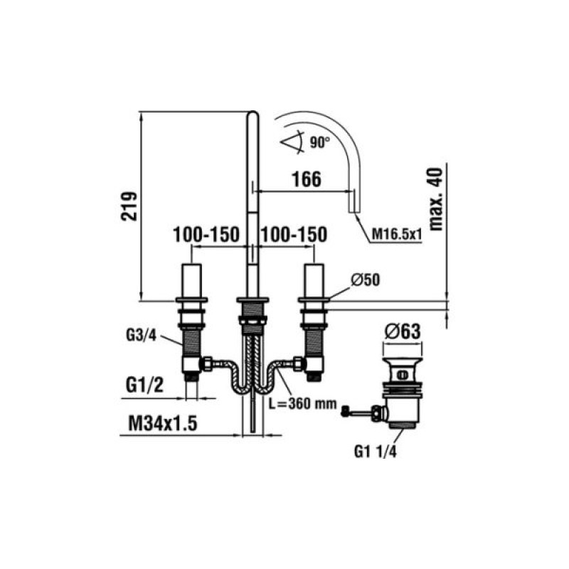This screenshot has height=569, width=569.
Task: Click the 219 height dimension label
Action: [x=129, y=206]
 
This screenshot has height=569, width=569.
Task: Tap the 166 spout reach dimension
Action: [x=307, y=179]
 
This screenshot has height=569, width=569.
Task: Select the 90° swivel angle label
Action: [x=320, y=142]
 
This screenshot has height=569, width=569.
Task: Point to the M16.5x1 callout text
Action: [x=397, y=235]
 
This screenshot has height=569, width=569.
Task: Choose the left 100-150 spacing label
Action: [x=206, y=235]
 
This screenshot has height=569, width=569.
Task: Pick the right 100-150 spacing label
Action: [x=294, y=235]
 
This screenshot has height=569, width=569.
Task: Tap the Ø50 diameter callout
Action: [x=366, y=280]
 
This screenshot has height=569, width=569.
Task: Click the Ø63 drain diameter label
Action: [x=403, y=331]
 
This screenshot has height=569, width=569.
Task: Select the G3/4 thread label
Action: [x=141, y=335]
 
